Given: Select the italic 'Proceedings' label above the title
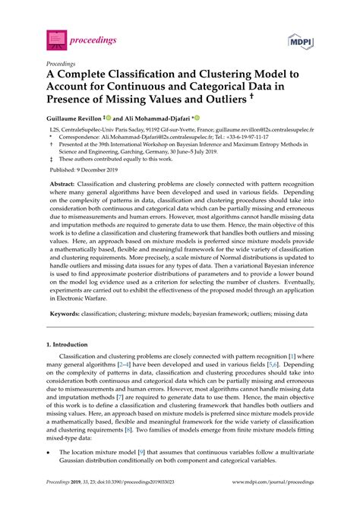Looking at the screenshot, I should [63, 65].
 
